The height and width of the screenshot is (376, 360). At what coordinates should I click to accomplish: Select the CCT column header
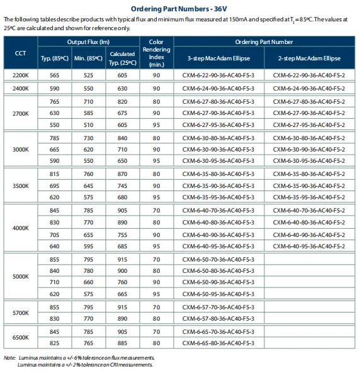tap(20, 53)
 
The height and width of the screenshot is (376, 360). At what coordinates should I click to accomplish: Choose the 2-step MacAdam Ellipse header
tap(309, 58)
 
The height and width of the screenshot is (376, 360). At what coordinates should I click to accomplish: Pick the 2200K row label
tap(20, 75)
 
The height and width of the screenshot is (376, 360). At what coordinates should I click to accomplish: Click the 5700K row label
tap(20, 312)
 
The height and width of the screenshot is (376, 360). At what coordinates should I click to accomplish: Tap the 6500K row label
tap(20, 337)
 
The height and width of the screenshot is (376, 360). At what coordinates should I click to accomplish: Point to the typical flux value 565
tap(55, 75)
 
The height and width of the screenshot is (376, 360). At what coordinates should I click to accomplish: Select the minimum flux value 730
tap(89, 138)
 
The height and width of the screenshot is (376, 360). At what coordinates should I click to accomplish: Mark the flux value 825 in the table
tap(55, 343)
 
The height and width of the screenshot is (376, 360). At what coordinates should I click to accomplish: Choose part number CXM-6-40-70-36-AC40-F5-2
tap(309, 210)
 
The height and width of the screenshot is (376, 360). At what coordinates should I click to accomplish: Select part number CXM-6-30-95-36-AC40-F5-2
tap(309, 161)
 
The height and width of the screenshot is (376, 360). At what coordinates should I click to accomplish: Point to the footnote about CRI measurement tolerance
tap(85, 365)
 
